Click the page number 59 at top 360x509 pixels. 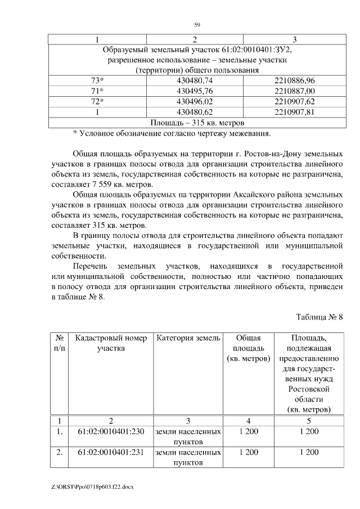[x=197, y=25]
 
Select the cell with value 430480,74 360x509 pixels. [x=194, y=81]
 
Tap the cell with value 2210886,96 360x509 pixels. [x=295, y=81]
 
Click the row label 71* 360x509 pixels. [x=98, y=91]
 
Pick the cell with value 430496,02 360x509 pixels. [x=194, y=101]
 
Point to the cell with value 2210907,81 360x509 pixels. [x=295, y=111]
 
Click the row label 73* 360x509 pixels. [x=98, y=81]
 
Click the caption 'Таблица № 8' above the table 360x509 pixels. [x=319, y=317]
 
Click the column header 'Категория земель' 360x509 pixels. [x=187, y=338]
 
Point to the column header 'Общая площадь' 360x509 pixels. [x=247, y=343]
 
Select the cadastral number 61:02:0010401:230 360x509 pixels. [x=111, y=431]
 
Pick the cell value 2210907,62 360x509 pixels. [x=295, y=101]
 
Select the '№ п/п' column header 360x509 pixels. [x=60, y=343]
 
